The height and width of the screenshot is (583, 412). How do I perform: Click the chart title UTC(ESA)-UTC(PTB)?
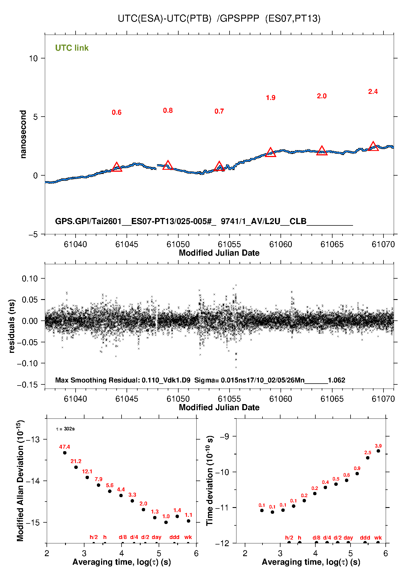click(x=164, y=18)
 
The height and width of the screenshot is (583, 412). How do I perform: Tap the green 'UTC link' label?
click(x=72, y=48)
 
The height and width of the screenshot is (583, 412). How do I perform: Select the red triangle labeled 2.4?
click(x=373, y=147)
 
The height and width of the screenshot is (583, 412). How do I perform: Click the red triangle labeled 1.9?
click(x=271, y=152)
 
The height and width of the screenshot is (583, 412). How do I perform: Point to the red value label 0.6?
click(x=117, y=112)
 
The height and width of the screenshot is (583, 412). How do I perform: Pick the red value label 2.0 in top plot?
click(x=322, y=96)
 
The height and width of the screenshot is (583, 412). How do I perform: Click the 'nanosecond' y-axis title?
click(x=23, y=134)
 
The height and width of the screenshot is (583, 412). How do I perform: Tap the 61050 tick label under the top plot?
click(x=178, y=244)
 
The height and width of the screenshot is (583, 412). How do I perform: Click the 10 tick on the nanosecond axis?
click(x=33, y=58)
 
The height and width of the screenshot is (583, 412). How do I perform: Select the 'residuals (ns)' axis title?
click(x=12, y=326)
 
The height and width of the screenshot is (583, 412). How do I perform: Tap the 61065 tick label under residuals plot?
click(x=332, y=399)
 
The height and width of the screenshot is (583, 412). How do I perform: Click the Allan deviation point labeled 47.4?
click(x=65, y=453)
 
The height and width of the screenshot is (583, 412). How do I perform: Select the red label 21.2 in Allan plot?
click(x=76, y=461)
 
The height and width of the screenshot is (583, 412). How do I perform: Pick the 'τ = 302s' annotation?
click(x=65, y=429)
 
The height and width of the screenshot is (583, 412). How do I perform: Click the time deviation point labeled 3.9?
click(x=378, y=451)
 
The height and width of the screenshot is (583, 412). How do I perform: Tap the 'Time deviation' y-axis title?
click(x=210, y=481)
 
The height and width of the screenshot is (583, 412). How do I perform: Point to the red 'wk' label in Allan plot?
click(x=188, y=537)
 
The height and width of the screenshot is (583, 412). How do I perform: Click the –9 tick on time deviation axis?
click(x=225, y=437)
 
